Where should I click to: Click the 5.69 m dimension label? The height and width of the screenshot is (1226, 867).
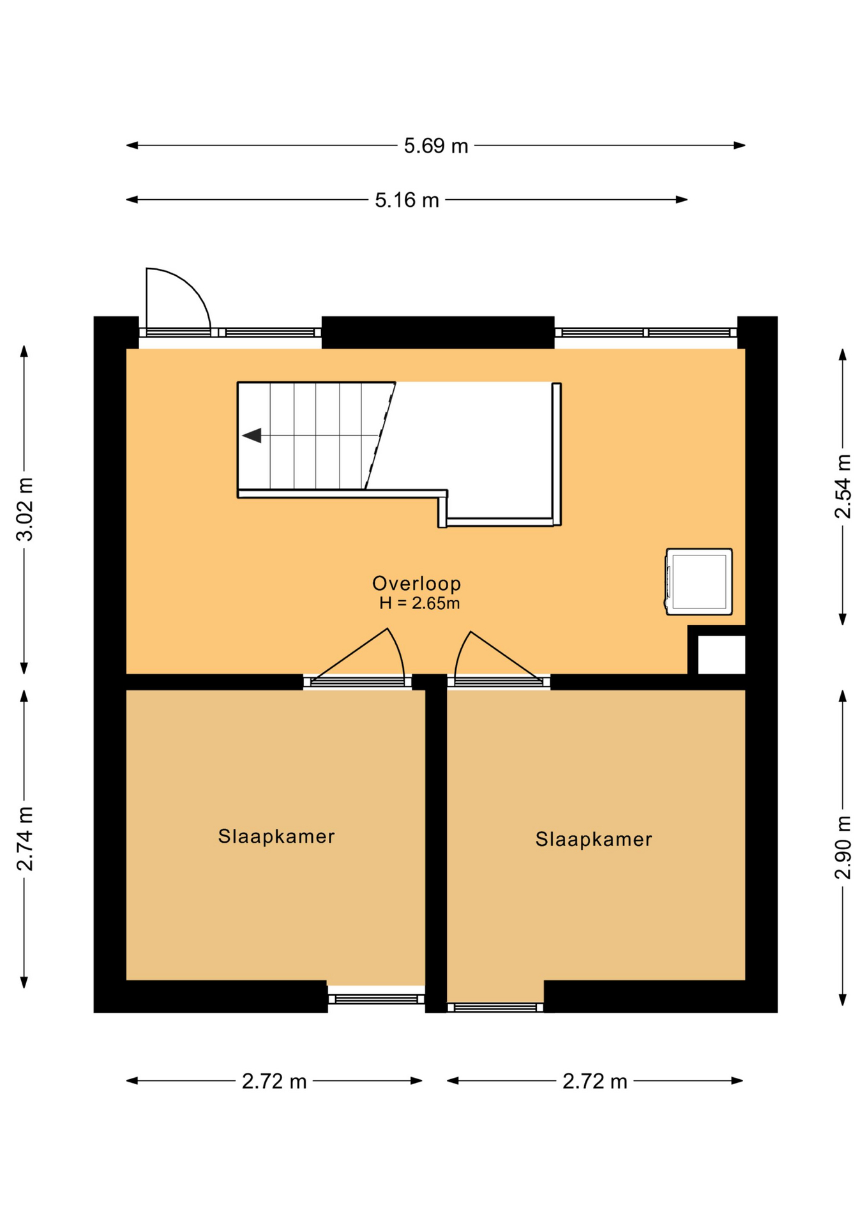435,146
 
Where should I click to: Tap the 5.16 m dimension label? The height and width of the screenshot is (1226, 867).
407,200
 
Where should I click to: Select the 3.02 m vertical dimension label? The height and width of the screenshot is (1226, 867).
25,509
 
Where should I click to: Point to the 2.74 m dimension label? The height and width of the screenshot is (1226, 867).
25,839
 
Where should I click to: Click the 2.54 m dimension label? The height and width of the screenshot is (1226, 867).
843,487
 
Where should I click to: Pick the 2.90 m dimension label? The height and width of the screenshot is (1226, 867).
843,847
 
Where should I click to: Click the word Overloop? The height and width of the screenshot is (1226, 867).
417,583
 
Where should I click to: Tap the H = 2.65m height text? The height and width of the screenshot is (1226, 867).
419,603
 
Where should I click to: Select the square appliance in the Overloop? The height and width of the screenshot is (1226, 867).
698,582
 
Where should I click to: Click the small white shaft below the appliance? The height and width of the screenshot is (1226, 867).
721,655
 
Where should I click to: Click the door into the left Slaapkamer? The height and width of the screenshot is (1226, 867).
358,658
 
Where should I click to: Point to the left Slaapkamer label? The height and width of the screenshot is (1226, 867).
276,836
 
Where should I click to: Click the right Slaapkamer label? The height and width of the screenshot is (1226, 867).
594,839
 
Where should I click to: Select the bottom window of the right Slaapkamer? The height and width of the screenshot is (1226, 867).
495,1008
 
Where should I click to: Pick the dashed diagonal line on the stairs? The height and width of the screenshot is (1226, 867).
380,436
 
